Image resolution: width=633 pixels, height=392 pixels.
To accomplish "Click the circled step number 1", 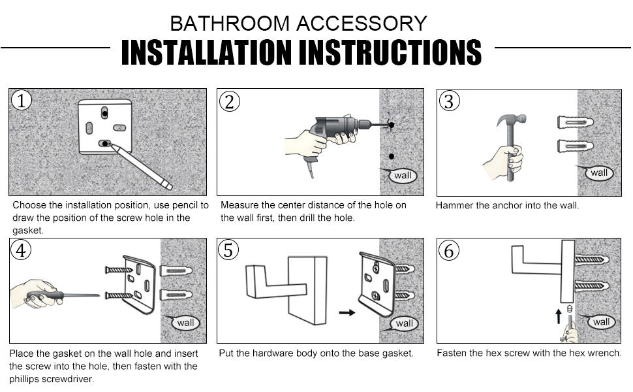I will [22, 101].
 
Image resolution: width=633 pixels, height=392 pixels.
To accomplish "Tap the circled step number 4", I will [22, 251].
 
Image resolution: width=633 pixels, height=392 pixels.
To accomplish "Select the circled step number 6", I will [448, 251].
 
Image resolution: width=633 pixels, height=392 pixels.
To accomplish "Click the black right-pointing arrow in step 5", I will [347, 312].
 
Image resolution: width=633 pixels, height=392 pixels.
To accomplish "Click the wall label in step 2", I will [403, 175].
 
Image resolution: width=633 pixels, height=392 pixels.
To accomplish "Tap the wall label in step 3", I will [598, 173].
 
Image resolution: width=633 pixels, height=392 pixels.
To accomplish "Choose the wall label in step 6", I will [601, 321].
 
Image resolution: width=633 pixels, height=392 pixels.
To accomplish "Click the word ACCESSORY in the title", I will [362, 24].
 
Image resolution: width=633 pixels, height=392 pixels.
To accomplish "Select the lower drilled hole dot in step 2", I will [391, 156].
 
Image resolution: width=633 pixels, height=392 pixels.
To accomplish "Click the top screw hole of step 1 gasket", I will [105, 114].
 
